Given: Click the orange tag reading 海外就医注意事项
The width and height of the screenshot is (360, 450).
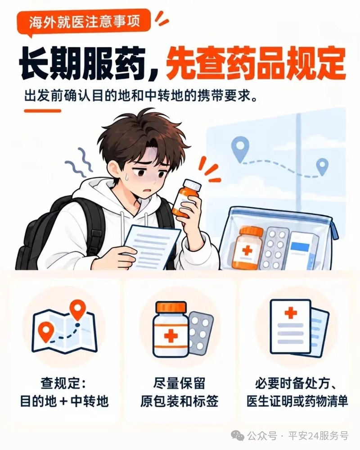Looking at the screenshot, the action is pyautogui.click(x=84, y=22).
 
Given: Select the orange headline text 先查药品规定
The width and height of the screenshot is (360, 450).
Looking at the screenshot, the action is pyautogui.click(x=256, y=63).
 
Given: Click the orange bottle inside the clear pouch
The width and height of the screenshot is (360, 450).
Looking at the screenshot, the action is pyautogui.click(x=247, y=248).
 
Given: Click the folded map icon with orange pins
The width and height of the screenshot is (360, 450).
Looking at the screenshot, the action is pyautogui.click(x=64, y=328).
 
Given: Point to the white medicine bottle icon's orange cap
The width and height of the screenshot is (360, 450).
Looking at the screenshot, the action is pyautogui.click(x=171, y=307).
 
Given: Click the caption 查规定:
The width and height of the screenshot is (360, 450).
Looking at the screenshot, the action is pyautogui.click(x=63, y=383).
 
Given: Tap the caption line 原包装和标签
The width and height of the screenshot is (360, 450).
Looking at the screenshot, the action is pyautogui.click(x=180, y=401).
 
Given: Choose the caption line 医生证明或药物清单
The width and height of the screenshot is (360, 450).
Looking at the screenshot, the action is pyautogui.click(x=297, y=401).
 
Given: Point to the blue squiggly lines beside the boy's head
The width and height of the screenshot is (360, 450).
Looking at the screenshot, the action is pyautogui.click(x=78, y=163).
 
